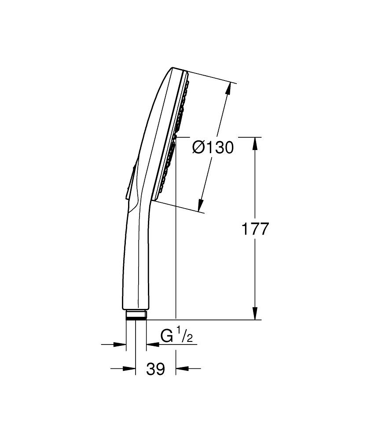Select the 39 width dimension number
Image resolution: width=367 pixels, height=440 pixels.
155,369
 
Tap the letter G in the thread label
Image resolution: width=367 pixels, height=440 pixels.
167,337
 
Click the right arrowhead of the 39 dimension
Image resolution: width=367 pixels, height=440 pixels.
181,369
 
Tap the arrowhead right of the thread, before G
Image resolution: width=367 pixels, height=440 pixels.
151,345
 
